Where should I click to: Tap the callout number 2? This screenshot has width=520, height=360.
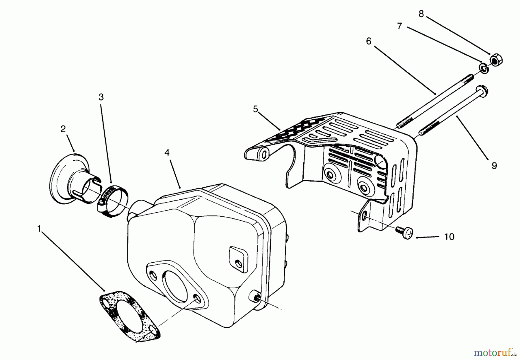coord(63,129)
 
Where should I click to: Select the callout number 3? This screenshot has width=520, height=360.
coord(101,97)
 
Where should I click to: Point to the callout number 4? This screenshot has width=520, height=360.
coord(167,153)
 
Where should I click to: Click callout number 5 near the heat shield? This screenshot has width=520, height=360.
coord(255,109)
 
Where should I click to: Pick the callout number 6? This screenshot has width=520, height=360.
coord(368,42)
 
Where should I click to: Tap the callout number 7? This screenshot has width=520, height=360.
coord(400,26)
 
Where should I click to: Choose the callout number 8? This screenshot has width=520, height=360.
coord(421,14)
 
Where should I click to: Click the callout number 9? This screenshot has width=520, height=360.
coord(494,166)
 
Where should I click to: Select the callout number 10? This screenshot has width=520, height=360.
coord(449,237)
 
